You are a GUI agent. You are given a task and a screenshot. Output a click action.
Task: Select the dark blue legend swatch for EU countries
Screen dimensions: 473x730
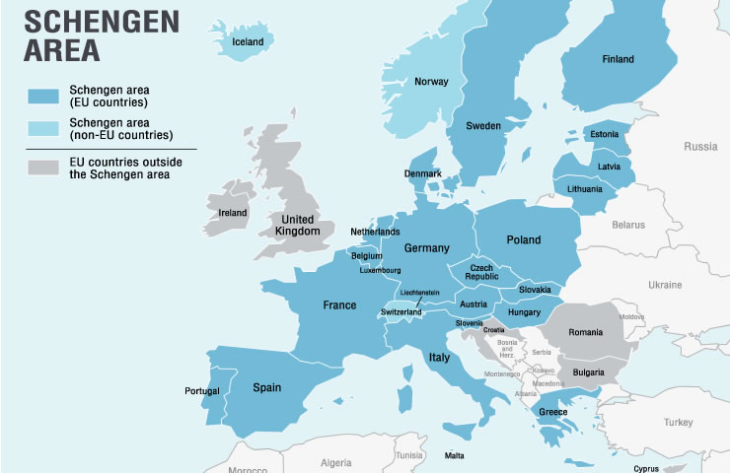tap(42, 95)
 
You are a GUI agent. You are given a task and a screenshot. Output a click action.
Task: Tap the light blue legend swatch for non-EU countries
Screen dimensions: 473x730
tap(42, 128)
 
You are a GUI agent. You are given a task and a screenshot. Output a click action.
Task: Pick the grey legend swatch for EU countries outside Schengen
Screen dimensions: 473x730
tap(42, 168)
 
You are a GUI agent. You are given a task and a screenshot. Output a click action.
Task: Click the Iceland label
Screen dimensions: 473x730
tap(248, 42)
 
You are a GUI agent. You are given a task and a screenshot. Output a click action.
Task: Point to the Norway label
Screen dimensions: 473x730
tap(431, 82)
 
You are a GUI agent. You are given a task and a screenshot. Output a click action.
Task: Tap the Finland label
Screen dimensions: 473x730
tap(618, 59)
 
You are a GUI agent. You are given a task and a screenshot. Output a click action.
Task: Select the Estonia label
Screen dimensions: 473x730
tap(604, 134)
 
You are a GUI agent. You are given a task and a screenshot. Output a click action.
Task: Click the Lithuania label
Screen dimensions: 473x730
tap(584, 187)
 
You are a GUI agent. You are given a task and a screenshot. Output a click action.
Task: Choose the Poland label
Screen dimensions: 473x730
tap(524, 239)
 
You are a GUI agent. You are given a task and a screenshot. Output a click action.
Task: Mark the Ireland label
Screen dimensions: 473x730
tap(233, 212)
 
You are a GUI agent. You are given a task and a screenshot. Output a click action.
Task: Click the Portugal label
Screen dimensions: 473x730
tap(202, 391)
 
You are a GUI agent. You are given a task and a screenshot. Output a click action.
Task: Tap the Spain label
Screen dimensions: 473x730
tap(266, 387)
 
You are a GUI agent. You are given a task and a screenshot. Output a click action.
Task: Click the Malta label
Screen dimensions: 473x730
tap(454, 456)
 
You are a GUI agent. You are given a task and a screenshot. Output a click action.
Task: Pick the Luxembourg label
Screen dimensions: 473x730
tap(380, 270)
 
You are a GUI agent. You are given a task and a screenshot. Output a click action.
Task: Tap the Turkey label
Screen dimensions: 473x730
tap(679, 422)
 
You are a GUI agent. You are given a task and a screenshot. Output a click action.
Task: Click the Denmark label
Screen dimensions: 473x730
tap(423, 173)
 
